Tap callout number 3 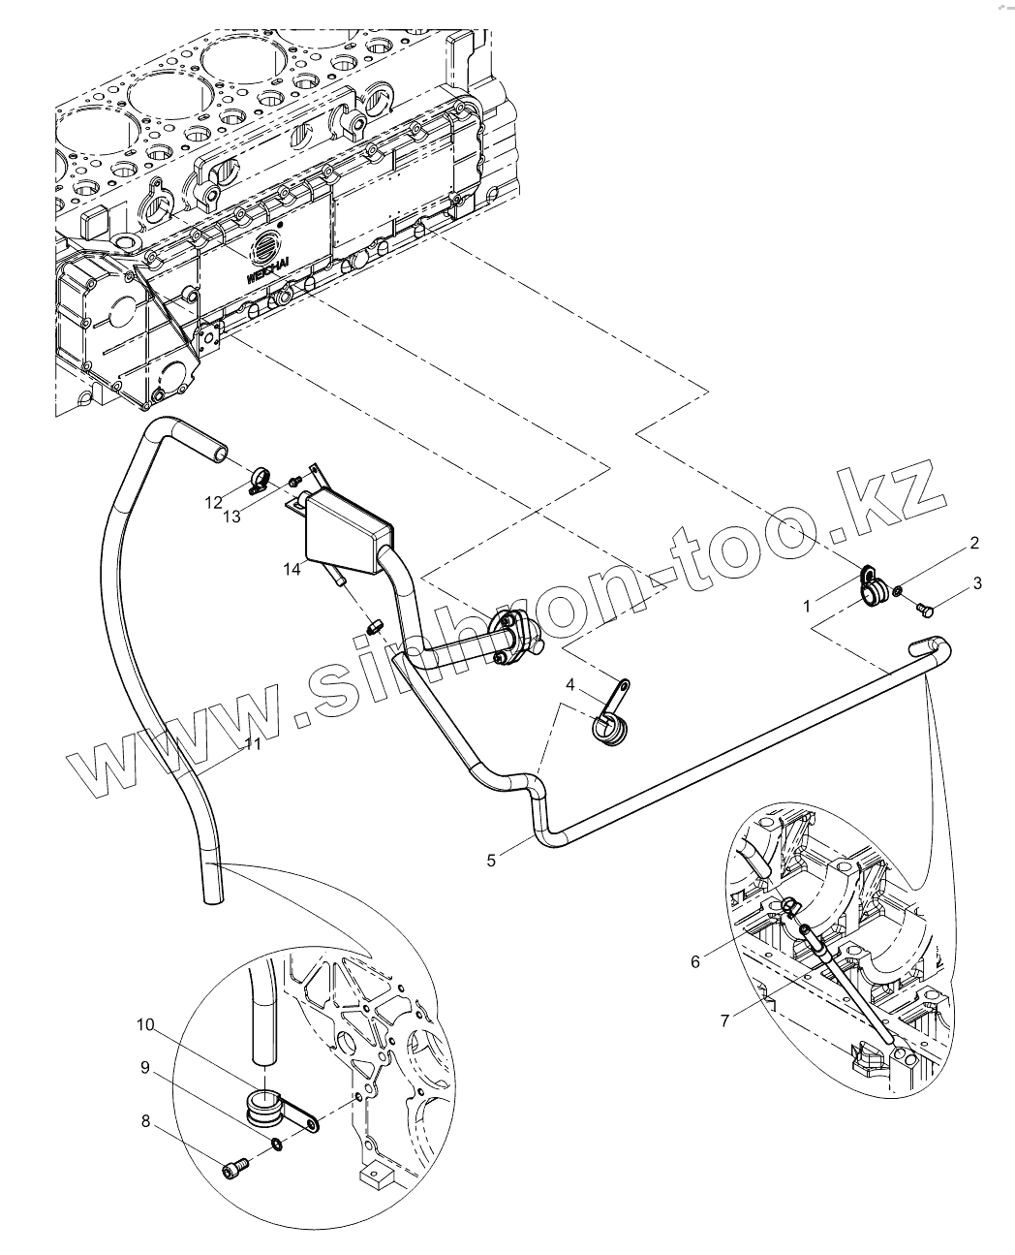pos(978,583)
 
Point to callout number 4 pos(570,685)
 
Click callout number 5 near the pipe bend pos(491,860)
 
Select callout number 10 pos(145,1024)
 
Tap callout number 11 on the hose pos(253,744)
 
